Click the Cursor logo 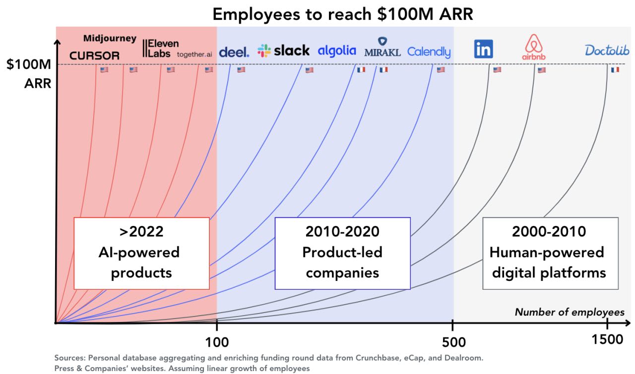[x=94, y=56]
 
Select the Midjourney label [x=110, y=39]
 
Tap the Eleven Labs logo [x=161, y=48]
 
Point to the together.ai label [x=194, y=55]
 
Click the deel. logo [x=234, y=52]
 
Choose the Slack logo [x=283, y=51]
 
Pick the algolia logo [x=337, y=51]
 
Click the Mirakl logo [x=382, y=48]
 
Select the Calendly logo [x=429, y=52]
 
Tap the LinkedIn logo [x=483, y=49]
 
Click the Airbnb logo [x=533, y=48]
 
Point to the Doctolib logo [x=607, y=50]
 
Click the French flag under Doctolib [x=615, y=70]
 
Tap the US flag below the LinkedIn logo [x=497, y=70]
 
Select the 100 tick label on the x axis [x=217, y=341]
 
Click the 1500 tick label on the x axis [x=608, y=340]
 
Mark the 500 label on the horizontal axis [x=453, y=342]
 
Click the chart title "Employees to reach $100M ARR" [x=343, y=14]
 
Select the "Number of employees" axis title [x=570, y=312]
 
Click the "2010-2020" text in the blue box [x=342, y=231]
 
